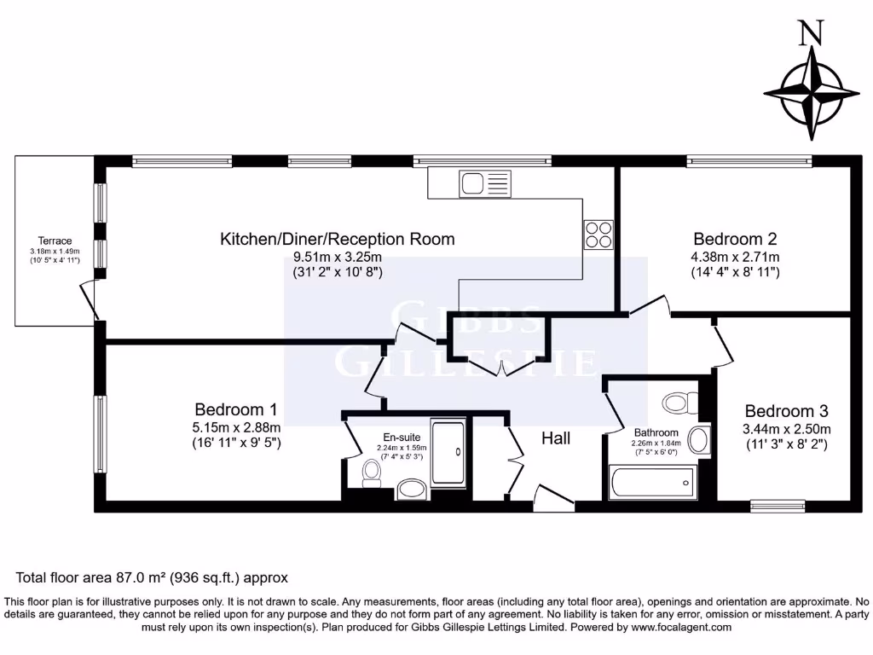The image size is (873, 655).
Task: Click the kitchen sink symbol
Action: point(484,183)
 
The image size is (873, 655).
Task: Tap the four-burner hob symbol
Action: point(598,235)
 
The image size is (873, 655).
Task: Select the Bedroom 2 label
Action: point(735,239)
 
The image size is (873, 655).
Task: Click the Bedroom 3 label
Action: point(786,410)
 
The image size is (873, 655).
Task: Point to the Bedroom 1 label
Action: point(235,409)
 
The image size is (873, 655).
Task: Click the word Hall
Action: point(556,438)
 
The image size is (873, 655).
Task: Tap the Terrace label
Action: point(55,241)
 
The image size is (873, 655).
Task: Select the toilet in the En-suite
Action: point(372,473)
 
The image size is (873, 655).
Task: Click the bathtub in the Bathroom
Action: point(652,483)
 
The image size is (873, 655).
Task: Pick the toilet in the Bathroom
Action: point(679,402)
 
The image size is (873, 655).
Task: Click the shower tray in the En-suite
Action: point(448,452)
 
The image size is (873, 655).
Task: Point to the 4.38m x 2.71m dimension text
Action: point(735,257)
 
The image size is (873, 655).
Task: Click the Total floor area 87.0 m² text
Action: point(153,577)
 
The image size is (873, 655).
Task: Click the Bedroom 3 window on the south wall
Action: point(777,506)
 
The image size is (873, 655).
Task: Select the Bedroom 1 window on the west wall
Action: point(101,434)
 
